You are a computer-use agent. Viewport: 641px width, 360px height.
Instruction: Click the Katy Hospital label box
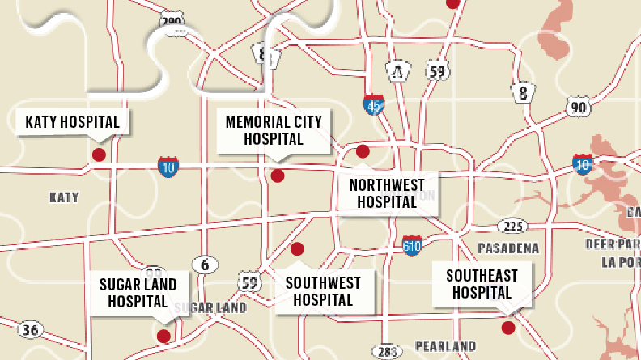point(73,122)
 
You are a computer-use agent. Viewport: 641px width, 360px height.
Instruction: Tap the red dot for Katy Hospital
point(99,155)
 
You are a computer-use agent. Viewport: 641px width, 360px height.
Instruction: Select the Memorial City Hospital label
point(274,130)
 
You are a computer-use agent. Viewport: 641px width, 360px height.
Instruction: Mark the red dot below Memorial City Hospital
point(278,176)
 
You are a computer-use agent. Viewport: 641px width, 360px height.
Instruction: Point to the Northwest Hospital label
point(387,193)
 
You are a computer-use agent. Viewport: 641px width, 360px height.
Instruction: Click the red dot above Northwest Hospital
point(363,151)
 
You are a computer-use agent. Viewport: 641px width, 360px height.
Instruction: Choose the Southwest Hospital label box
point(323,291)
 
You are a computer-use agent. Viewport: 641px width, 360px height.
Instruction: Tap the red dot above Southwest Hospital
point(297,248)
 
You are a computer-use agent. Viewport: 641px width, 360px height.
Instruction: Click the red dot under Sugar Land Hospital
point(163,336)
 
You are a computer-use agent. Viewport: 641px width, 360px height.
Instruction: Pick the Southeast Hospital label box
point(482,284)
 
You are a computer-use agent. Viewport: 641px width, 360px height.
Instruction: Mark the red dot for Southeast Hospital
point(508,328)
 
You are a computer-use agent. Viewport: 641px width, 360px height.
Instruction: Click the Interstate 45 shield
point(373,104)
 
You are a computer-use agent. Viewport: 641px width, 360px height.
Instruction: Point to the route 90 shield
point(578,107)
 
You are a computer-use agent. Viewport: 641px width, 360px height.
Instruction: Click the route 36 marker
point(30,329)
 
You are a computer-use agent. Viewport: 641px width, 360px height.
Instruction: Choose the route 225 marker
point(511,226)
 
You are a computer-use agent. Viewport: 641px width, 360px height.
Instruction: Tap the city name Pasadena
point(509,246)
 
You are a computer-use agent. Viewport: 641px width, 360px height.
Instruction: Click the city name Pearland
point(445,346)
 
